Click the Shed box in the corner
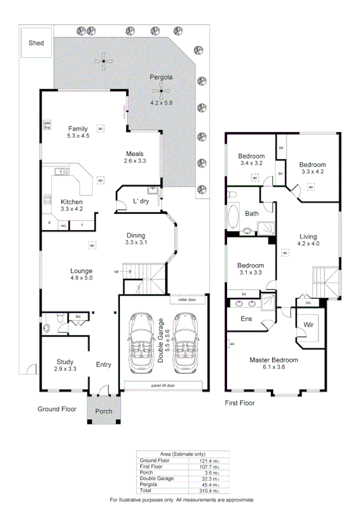tap(36, 43)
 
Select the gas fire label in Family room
tap(46, 125)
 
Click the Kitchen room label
tap(72, 202)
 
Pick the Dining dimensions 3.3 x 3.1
tap(136, 243)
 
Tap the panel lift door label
tap(163, 385)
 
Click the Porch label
tap(104, 412)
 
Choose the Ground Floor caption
tap(57, 409)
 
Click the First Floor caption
tap(240, 402)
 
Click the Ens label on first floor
tap(246, 319)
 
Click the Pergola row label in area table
tap(148, 485)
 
